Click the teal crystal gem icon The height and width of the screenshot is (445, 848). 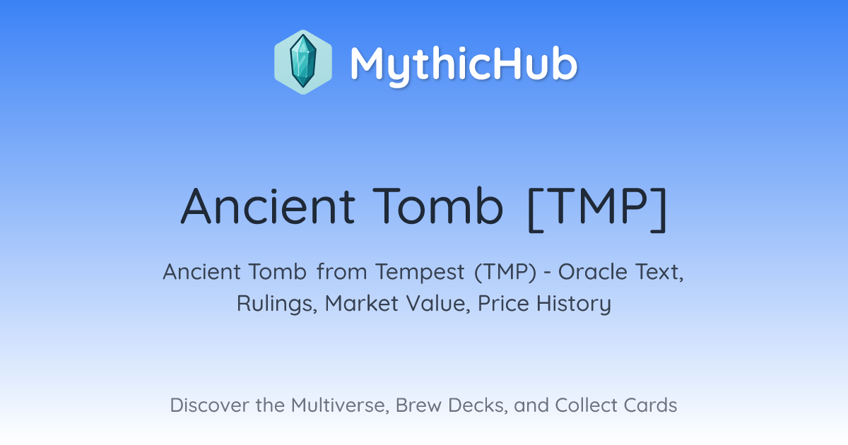click(x=303, y=61)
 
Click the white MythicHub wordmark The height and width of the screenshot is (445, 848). click(x=464, y=64)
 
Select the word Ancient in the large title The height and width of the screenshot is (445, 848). click(x=268, y=206)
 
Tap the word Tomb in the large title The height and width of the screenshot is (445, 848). click(x=438, y=206)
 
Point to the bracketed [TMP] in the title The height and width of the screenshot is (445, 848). click(x=597, y=209)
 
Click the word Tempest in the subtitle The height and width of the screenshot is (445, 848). click(x=420, y=273)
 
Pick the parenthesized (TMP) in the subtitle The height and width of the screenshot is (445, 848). click(x=505, y=272)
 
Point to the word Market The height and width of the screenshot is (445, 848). click(x=362, y=304)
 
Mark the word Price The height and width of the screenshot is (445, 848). click(x=503, y=304)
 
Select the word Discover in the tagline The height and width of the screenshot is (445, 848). click(x=210, y=405)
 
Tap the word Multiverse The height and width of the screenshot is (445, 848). click(x=340, y=405)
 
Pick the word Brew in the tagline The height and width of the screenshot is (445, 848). click(x=418, y=405)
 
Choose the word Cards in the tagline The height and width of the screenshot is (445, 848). click(x=650, y=405)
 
